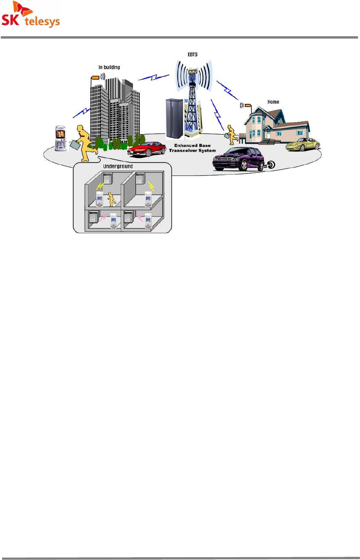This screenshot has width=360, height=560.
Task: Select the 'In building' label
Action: (109, 67)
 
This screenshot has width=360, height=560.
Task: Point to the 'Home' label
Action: (273, 102)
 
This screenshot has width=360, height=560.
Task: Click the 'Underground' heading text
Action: (118, 166)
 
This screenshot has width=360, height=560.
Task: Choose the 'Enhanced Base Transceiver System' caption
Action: (192, 148)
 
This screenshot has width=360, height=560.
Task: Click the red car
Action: (146, 149)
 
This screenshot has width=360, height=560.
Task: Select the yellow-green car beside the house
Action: (303, 144)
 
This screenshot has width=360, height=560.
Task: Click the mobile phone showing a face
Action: (61, 139)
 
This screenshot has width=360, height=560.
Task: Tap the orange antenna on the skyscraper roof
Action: (95, 78)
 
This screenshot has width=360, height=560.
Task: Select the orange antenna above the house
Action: (248, 106)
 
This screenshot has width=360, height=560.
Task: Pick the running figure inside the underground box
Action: (112, 199)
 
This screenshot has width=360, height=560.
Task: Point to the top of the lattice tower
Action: (193, 72)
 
